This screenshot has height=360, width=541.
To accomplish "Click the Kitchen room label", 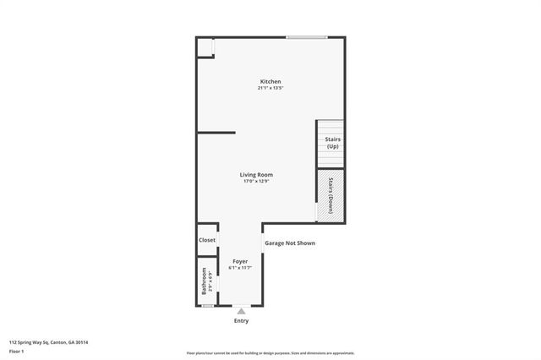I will click(270, 81).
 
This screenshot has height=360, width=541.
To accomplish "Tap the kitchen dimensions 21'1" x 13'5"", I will click(270, 88).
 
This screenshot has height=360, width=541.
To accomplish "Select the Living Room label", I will click(257, 175).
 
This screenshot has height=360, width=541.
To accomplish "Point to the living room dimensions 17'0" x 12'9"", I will click(257, 182).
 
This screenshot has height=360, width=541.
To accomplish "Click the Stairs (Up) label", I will click(332, 143).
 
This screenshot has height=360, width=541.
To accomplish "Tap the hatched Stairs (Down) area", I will click(330, 195).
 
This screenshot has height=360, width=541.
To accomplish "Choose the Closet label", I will click(207, 240).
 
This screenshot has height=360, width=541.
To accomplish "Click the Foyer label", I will click(240, 262).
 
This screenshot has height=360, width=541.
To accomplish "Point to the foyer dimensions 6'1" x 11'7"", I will click(240, 269).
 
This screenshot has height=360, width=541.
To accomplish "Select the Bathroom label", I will click(204, 281).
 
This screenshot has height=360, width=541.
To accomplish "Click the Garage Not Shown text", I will click(291, 243).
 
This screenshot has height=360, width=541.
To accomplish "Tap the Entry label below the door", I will click(241, 321).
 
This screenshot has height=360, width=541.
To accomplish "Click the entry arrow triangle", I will click(241, 311).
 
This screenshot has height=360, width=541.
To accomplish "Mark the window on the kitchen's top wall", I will click(306, 37).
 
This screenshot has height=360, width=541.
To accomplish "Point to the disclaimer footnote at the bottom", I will click(270, 353).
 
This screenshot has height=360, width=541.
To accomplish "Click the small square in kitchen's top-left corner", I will click(205, 48).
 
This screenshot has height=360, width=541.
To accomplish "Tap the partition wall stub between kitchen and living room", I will click(216, 133).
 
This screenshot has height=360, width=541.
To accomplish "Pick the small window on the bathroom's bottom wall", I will click(207, 306).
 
